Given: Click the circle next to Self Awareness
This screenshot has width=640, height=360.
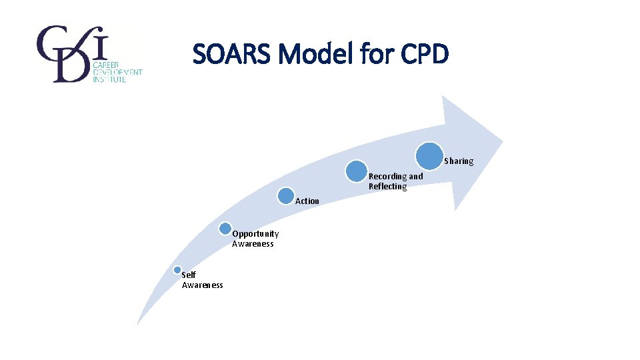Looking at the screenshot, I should pyautogui.click(x=177, y=270).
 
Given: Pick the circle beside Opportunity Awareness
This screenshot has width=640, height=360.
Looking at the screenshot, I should pyautogui.click(x=226, y=229).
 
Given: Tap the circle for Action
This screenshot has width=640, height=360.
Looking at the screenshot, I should pyautogui.click(x=287, y=195).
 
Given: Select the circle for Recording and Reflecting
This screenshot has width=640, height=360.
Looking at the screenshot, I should pyautogui.click(x=357, y=171).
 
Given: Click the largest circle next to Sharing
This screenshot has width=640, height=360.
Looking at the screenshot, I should pyautogui.click(x=430, y=155).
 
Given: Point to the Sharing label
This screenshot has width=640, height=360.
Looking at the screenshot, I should pyautogui.click(x=459, y=161).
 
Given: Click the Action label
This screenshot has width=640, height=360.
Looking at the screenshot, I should pyautogui.click(x=307, y=201).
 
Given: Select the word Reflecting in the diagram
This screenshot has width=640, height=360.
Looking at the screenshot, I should pyautogui.click(x=387, y=187).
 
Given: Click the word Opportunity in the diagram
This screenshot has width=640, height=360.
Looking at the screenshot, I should pyautogui.click(x=255, y=234).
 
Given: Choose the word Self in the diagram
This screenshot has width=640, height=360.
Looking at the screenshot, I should pyautogui.click(x=189, y=275).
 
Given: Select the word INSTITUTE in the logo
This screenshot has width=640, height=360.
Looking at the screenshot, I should pyautogui.click(x=109, y=79).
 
